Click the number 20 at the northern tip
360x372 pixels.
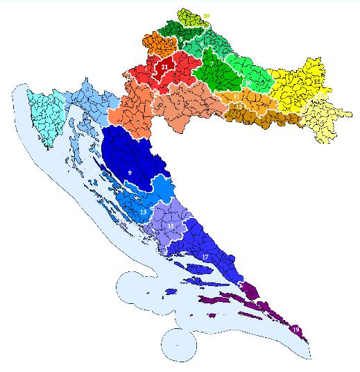(206, 15)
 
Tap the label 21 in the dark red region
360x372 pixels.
(164, 67)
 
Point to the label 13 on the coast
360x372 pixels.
(143, 211)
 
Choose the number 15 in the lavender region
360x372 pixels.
(171, 227)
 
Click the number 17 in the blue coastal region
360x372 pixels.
(205, 257)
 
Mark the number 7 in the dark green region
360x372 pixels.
(212, 64)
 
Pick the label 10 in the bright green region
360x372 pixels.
(248, 83)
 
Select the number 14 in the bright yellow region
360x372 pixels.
(316, 82)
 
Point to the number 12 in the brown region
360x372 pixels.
(239, 108)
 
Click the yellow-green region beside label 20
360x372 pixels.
(191, 17)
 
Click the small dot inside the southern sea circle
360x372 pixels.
(177, 344)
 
